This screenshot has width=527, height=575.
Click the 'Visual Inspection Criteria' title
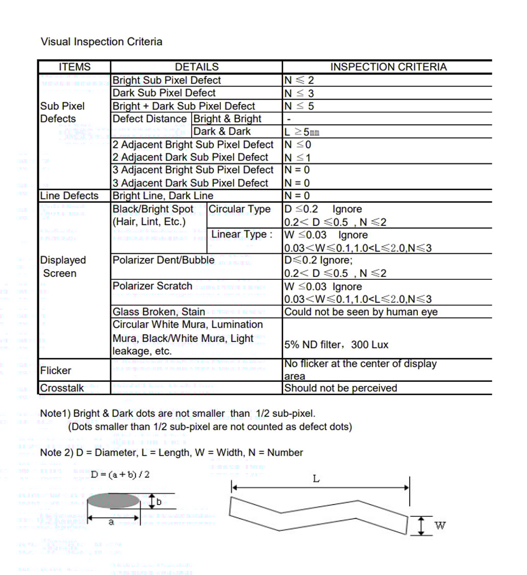pyautogui.click(x=102, y=42)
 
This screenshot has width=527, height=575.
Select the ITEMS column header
pyautogui.click(x=74, y=67)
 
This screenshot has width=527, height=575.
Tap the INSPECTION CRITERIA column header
pyautogui.click(x=388, y=67)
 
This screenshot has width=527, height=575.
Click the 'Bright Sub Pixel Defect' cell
pyautogui.click(x=166, y=80)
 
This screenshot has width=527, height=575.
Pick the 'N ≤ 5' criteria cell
pyautogui.click(x=299, y=106)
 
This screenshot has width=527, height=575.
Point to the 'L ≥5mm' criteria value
pyautogui.click(x=302, y=132)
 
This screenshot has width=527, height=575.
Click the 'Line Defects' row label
pyautogui.click(x=69, y=196)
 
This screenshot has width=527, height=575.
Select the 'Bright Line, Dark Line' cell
pyautogui.click(x=163, y=196)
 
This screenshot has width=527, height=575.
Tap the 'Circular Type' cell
pyautogui.click(x=240, y=209)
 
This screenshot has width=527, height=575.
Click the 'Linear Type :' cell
pyautogui.click(x=242, y=234)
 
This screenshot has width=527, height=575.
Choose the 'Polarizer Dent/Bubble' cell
pyautogui.click(x=163, y=260)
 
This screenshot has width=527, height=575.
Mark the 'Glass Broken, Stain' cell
pyautogui.click(x=159, y=311)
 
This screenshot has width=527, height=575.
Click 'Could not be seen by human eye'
pyautogui.click(x=361, y=312)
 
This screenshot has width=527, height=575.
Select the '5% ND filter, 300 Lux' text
pyautogui.click(x=336, y=345)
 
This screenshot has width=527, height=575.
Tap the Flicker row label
pyautogui.click(x=56, y=371)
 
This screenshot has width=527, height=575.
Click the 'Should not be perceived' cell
pyautogui.click(x=340, y=388)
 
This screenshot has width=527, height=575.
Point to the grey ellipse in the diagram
pyautogui.click(x=113, y=501)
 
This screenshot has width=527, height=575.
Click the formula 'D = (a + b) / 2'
pyautogui.click(x=120, y=475)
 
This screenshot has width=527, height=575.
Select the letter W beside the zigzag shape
pyautogui.click(x=440, y=525)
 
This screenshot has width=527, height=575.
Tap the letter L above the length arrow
pyautogui.click(x=316, y=479)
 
